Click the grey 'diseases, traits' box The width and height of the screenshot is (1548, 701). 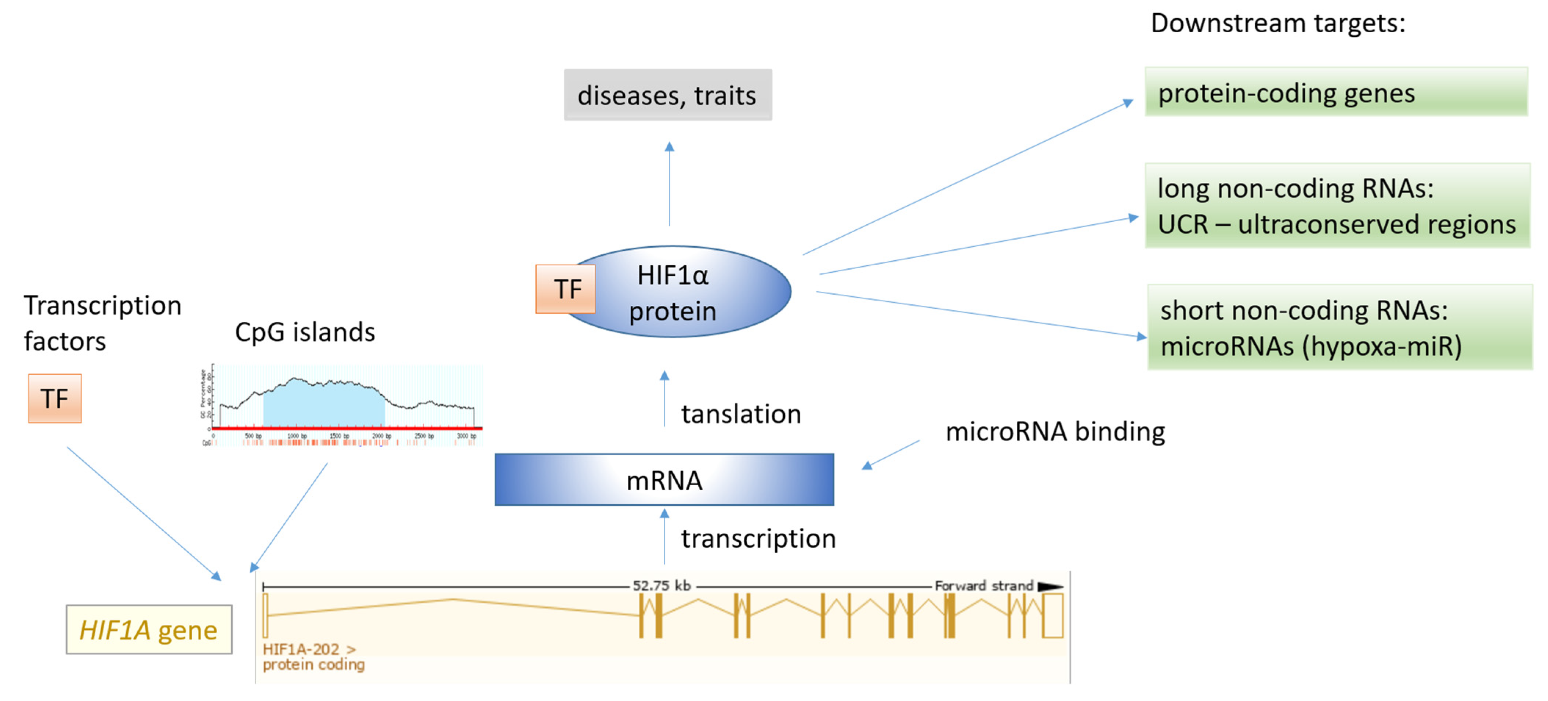click(668, 95)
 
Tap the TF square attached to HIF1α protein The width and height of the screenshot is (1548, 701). click(565, 289)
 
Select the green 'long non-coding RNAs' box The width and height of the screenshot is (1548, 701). click(1337, 206)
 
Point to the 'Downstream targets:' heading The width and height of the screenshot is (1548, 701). click(1277, 23)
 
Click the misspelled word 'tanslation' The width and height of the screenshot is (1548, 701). click(740, 414)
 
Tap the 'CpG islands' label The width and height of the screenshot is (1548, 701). click(305, 332)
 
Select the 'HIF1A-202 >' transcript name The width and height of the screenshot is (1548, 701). click(309, 649)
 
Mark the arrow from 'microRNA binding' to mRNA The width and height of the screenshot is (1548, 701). click(891, 455)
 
